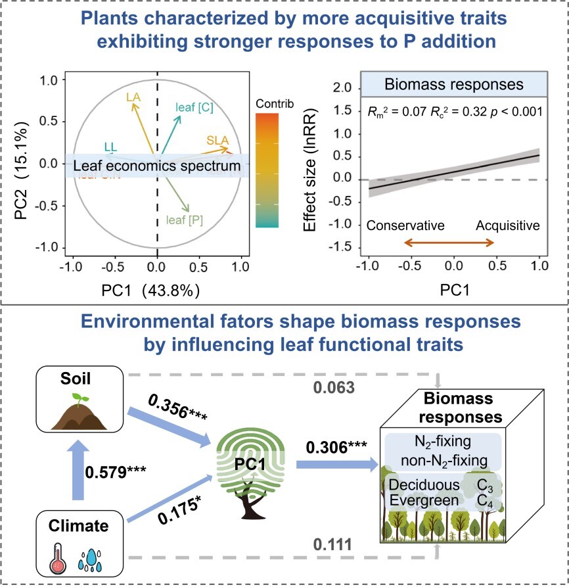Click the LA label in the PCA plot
pos(133,97)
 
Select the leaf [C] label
pos(194,108)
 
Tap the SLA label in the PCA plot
pos(217,140)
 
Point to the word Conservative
pos(405,225)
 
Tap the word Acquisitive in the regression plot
pos(508,225)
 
